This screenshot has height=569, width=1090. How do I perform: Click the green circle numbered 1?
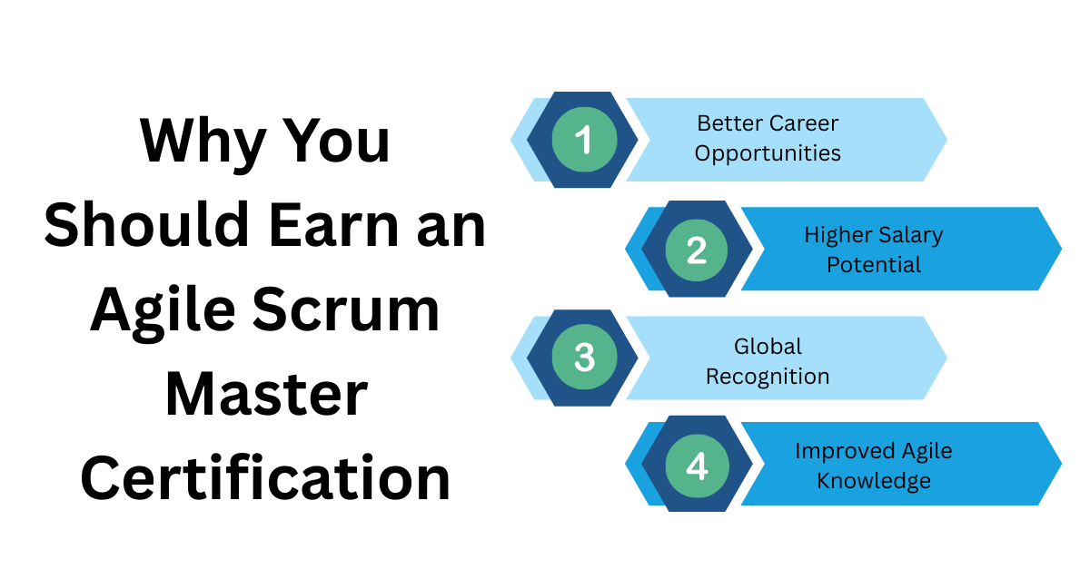click(584, 140)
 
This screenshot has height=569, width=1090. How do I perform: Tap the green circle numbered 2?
click(697, 250)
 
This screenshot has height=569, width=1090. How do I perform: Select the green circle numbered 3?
click(584, 357)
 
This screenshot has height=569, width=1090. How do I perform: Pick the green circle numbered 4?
click(697, 466)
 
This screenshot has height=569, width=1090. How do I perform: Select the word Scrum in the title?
click(346, 309)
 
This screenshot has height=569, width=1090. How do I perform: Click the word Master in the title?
click(266, 394)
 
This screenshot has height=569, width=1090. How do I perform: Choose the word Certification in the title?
click(265, 478)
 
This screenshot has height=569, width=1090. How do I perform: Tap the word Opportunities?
click(768, 154)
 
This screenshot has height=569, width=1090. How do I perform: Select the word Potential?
click(874, 265)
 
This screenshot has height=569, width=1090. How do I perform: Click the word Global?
click(768, 347)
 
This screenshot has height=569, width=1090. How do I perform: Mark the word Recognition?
click(768, 378)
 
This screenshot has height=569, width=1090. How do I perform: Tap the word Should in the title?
click(146, 226)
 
